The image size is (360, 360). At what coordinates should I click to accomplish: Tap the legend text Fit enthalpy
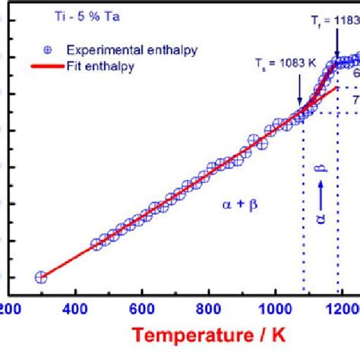[x=99, y=66]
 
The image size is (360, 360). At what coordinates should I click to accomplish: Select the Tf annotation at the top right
[x=339, y=21]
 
